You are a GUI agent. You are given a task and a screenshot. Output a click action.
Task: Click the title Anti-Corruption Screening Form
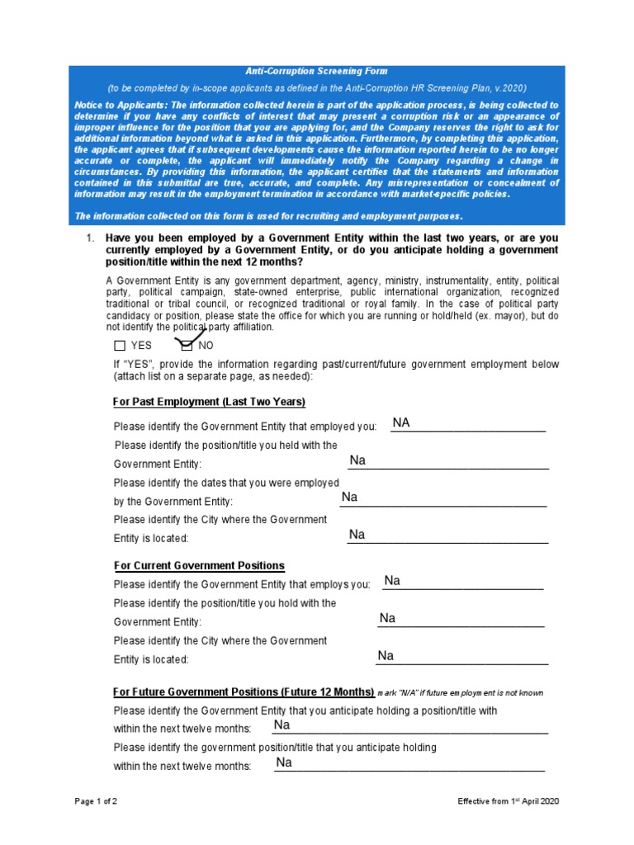coord(317,72)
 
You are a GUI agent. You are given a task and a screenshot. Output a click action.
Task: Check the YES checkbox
coord(120,346)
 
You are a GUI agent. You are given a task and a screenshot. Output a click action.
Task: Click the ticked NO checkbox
coord(187,345)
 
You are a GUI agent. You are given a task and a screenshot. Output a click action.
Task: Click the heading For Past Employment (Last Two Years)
coord(209,402)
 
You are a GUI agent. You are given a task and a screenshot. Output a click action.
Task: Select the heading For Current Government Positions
coord(198,565)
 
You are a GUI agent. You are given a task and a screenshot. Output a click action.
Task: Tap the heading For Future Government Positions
coord(244,692)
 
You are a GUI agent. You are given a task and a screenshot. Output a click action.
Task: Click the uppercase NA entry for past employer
coord(401,423)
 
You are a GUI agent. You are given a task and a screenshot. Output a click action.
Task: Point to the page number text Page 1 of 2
coord(96,801)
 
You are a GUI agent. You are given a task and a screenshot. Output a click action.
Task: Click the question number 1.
coord(91,238)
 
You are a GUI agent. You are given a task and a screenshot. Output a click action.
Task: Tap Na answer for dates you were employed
coord(349,497)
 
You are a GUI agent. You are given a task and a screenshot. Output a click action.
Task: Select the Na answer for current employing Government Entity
coord(392,581)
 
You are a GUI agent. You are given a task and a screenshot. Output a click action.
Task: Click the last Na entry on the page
coord(284,762)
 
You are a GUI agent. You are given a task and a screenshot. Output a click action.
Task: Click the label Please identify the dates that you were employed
coord(226,483)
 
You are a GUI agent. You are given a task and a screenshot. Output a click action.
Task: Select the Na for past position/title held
coord(357,460)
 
